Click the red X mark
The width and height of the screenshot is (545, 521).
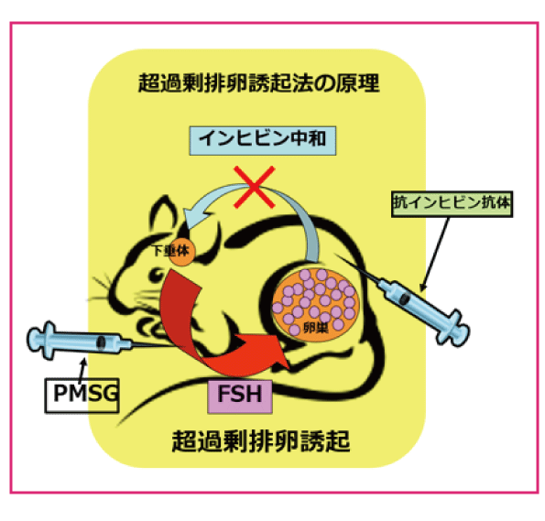255,187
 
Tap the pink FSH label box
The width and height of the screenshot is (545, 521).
240,396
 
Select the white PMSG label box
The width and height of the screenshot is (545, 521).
82,396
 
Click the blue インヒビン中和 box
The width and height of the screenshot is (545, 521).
262,140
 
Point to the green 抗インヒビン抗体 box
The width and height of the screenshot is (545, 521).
452,204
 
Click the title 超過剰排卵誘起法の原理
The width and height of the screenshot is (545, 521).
258,82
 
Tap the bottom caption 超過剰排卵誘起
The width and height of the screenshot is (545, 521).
261,440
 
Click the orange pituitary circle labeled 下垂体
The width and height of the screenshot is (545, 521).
180,252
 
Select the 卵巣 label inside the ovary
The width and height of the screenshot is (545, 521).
316,328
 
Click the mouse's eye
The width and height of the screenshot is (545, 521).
157,274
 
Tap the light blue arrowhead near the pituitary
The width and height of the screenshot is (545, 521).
194,216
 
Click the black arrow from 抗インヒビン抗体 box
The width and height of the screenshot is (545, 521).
435,254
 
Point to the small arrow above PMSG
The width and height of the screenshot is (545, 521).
82,369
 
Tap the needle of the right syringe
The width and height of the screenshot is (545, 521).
358,268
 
